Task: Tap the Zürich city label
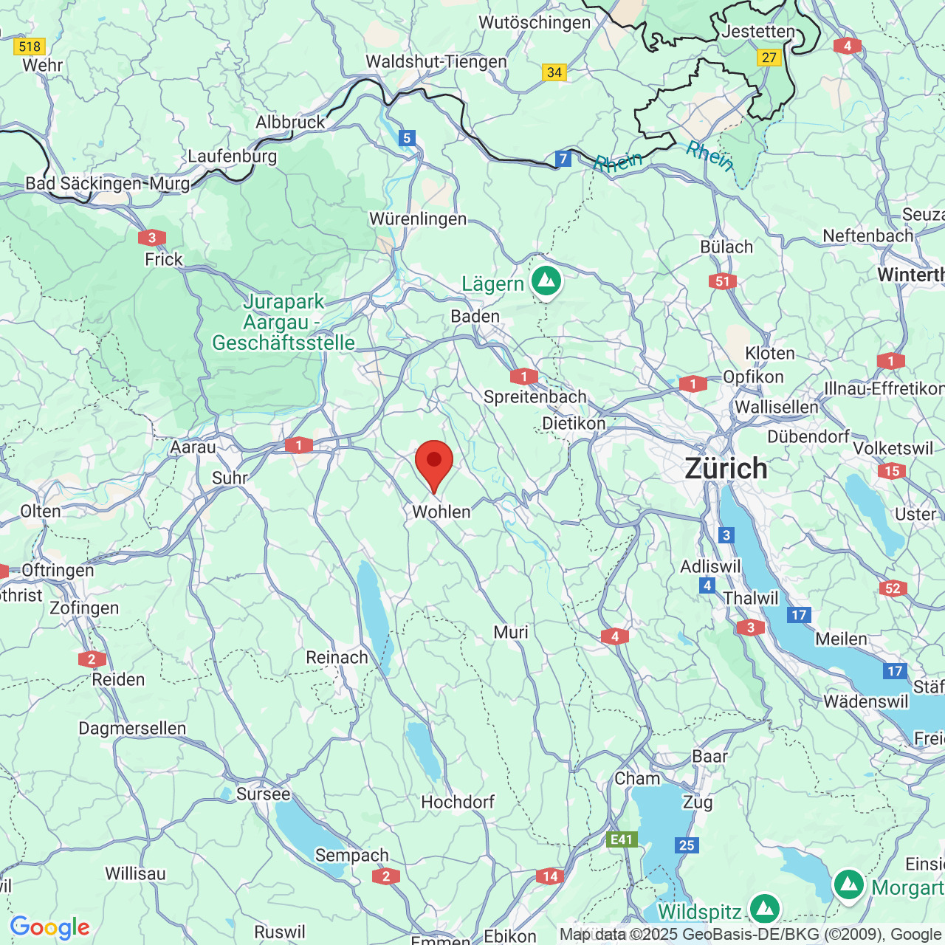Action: pos(726,469)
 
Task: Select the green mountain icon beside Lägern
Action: pos(546,281)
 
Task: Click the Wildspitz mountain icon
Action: pos(764,908)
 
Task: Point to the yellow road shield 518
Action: pos(30,47)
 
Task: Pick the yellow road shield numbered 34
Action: pos(554,72)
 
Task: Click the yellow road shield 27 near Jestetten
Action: pos(769,58)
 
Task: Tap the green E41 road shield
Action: pos(622,839)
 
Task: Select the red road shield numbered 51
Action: pos(722,281)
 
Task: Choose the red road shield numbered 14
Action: pos(550,876)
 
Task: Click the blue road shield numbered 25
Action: pos(687,845)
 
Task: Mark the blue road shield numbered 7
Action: pos(563,159)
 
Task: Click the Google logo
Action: pos(50,927)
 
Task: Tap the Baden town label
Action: pos(475,316)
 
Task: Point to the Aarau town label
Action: pos(193,447)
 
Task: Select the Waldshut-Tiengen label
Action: pos(436,61)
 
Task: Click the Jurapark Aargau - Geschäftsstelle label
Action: pos(283,322)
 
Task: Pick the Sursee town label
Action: pos(264,794)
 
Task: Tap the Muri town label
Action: pos(511,632)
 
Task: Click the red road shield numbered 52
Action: pos(893,588)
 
